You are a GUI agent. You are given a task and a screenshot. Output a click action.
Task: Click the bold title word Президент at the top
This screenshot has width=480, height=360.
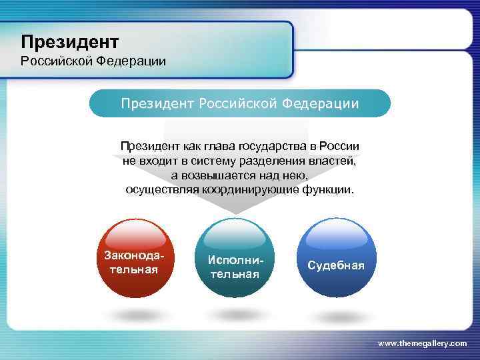(69, 42)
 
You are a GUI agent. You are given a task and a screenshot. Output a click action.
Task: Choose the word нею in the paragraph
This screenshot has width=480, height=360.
(295, 175)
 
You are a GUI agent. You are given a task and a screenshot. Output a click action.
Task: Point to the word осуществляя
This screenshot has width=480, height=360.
(157, 190)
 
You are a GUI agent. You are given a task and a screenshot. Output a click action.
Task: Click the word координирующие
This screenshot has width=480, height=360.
(248, 190)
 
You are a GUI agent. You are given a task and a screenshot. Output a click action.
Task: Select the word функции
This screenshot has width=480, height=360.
(327, 190)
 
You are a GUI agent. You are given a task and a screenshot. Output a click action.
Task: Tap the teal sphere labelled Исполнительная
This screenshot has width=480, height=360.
(235, 260)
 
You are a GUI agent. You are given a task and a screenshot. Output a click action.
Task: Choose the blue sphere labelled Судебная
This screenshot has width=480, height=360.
(336, 260)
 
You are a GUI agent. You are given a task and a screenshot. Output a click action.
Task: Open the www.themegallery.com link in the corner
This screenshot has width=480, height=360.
(422, 343)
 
